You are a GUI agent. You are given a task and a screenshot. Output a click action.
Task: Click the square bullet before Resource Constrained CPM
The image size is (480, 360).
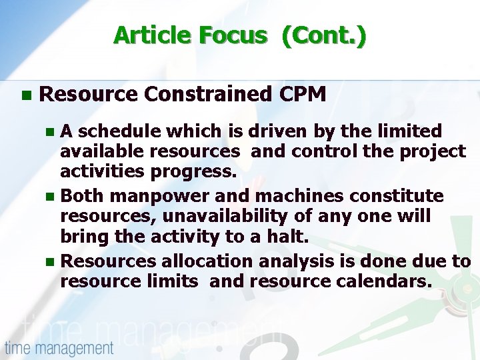coord(25,95)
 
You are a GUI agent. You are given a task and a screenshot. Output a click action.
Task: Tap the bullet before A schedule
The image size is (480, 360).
coord(54,132)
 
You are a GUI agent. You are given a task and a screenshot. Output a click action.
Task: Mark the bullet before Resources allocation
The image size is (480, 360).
coord(54,262)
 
